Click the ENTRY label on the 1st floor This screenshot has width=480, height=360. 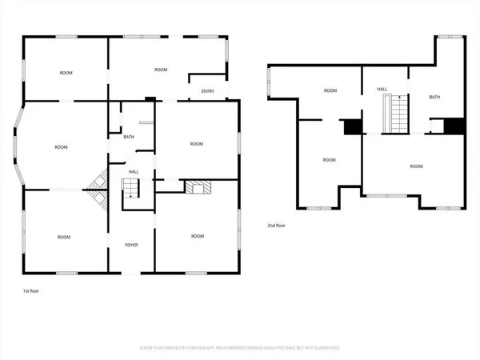pyautogui.click(x=208, y=91)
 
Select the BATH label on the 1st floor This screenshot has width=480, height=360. pyautogui.click(x=129, y=138)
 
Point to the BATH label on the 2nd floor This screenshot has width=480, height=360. pyautogui.click(x=434, y=97)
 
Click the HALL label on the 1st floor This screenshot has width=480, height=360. pyautogui.click(x=134, y=171)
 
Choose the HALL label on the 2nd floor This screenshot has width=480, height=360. pyautogui.click(x=383, y=90)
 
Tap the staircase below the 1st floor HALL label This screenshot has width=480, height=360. pyautogui.click(x=130, y=190)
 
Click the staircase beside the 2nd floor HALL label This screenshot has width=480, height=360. pyautogui.click(x=397, y=114)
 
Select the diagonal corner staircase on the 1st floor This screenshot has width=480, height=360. pyautogui.click(x=98, y=190)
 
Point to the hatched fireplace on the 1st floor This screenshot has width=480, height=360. pyautogui.click(x=196, y=187)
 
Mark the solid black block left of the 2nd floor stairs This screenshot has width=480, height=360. pyautogui.click(x=352, y=127)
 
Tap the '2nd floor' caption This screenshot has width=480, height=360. pyautogui.click(x=278, y=226)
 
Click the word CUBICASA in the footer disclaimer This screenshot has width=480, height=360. pyautogui.click(x=204, y=348)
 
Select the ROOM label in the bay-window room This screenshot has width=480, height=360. pyautogui.click(x=61, y=147)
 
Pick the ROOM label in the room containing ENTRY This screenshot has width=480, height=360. pyautogui.click(x=161, y=70)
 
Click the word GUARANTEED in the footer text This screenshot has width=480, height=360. pyautogui.click(x=326, y=348)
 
